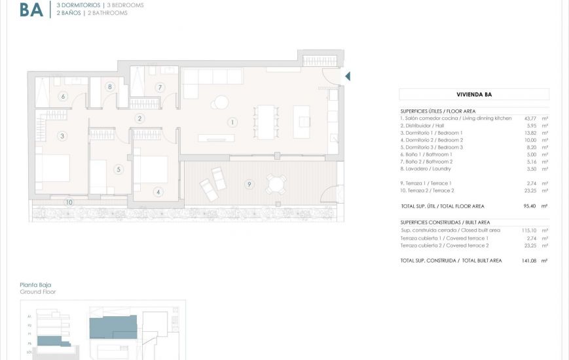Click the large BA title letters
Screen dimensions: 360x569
(31, 9)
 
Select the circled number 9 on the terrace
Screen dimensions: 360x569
(249, 185)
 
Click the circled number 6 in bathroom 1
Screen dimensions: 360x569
(64, 96)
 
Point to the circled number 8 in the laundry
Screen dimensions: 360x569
(109, 86)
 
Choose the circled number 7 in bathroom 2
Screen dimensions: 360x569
(159, 87)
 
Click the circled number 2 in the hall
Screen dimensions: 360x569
(139, 118)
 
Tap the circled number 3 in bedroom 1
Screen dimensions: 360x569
(62, 136)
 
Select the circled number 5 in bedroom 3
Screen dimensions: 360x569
(119, 170)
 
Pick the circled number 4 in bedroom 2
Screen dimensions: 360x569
(158, 192)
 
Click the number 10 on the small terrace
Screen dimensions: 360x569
(69, 202)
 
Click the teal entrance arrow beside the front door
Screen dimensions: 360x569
(348, 77)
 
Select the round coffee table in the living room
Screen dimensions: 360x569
(221, 102)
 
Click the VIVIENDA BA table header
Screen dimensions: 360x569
(473, 94)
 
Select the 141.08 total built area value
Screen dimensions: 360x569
(528, 261)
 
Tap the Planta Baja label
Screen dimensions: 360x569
(35, 285)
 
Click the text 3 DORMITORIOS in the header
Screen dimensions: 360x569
(79, 5)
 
